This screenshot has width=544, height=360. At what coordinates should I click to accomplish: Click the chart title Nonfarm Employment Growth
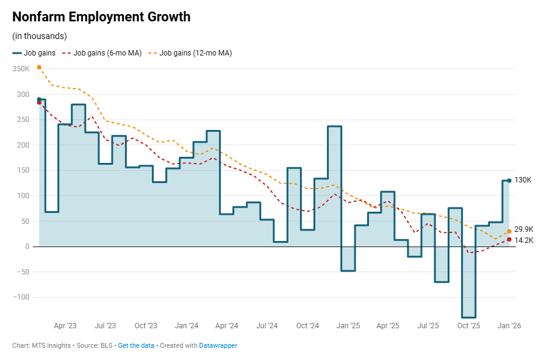point(101,17)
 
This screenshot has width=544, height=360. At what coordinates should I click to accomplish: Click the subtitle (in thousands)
point(40,36)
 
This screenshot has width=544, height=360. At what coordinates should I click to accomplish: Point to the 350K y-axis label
point(21,69)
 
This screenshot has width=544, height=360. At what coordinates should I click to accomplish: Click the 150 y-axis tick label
point(23,170)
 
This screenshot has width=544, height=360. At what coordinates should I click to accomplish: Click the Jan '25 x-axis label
point(348,326)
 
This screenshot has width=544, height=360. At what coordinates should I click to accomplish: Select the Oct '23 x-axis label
point(146,326)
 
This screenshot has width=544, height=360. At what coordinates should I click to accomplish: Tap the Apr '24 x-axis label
point(226,326)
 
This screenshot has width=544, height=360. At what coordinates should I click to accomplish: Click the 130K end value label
point(523,180)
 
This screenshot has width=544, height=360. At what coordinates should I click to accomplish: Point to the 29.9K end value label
point(524,229)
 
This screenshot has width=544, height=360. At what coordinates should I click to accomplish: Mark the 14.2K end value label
point(524,240)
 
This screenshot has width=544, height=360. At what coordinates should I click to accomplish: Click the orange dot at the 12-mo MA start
point(39,67)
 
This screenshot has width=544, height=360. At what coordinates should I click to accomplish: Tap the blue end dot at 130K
point(509,181)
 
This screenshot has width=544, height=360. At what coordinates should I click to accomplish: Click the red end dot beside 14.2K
point(509,239)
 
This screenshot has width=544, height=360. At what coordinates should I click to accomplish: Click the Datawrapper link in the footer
point(218,345)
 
